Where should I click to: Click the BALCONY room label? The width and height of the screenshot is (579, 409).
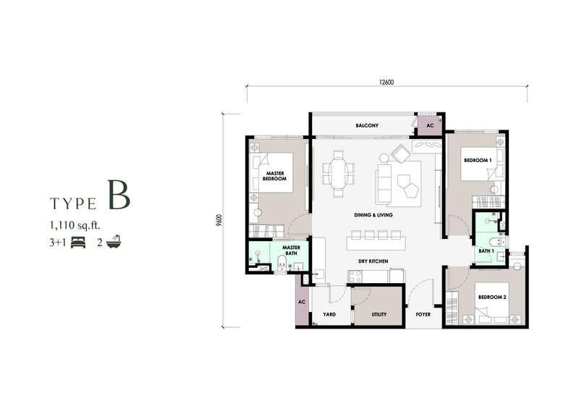(x=367, y=126)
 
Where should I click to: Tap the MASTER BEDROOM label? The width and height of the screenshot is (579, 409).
(x=275, y=176)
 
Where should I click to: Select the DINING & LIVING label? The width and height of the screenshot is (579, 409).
(x=373, y=215)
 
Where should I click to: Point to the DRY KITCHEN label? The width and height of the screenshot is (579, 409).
(x=373, y=261)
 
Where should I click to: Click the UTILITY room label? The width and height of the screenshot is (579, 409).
(x=379, y=314)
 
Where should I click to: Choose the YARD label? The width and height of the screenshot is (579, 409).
(x=329, y=314)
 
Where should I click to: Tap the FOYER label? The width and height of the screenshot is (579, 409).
(x=423, y=314)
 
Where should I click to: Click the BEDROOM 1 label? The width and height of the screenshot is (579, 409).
(x=478, y=161)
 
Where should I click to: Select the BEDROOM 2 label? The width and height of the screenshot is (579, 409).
(x=492, y=297)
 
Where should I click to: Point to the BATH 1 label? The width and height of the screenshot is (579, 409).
(x=486, y=251)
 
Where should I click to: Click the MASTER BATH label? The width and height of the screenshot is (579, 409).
(x=291, y=250)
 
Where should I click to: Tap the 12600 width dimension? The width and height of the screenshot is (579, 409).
(x=386, y=83)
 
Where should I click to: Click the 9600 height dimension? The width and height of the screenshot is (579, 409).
(x=220, y=220)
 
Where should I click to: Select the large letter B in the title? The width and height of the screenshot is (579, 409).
(x=119, y=195)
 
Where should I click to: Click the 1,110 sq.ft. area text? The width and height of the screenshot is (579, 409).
(x=75, y=225)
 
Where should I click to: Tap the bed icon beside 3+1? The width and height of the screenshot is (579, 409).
(x=78, y=243)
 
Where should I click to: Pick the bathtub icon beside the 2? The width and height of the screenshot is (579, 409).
(x=114, y=242)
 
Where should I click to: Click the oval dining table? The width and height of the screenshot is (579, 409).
(x=338, y=174)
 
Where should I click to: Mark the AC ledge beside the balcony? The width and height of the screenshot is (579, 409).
(x=430, y=126)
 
